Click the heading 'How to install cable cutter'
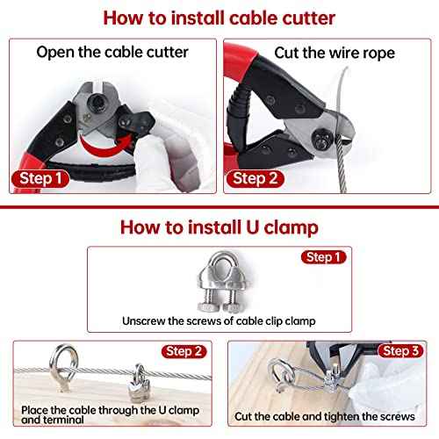point(219,18)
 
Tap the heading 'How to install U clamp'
point(219,227)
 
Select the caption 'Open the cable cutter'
point(112,52)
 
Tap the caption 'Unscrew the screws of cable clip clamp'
point(219,321)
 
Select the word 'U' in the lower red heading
point(258,227)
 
